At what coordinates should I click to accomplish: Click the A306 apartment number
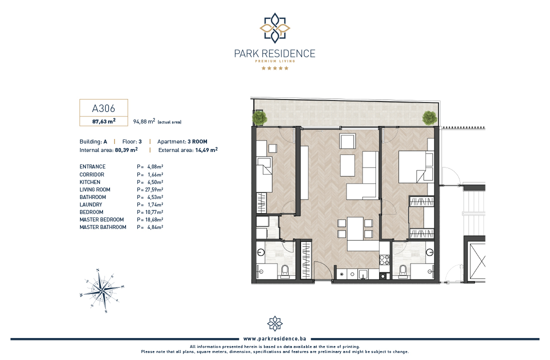click(x=103, y=108)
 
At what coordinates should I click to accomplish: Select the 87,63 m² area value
click(x=104, y=121)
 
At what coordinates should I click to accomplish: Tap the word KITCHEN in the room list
click(x=90, y=182)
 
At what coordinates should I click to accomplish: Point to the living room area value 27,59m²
click(x=154, y=189)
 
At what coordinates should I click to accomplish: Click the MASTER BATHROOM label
click(x=103, y=227)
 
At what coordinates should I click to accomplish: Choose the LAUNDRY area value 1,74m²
click(x=155, y=204)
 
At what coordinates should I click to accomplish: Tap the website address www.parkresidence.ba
click(x=274, y=338)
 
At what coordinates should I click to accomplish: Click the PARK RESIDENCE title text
click(x=274, y=53)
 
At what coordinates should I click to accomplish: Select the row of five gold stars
click(x=275, y=68)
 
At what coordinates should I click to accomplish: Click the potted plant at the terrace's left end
click(x=259, y=117)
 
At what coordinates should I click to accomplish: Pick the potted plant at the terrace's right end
click(x=429, y=117)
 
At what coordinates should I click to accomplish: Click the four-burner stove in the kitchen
click(x=384, y=259)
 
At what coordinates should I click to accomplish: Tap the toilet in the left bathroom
click(x=284, y=271)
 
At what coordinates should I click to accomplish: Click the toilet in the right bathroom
click(x=403, y=270)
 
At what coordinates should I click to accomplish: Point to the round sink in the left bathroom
click(x=260, y=252)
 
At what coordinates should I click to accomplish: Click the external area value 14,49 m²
click(x=206, y=150)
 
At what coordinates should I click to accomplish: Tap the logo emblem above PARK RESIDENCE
click(x=274, y=27)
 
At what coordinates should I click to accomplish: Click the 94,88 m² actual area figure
click(x=144, y=121)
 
